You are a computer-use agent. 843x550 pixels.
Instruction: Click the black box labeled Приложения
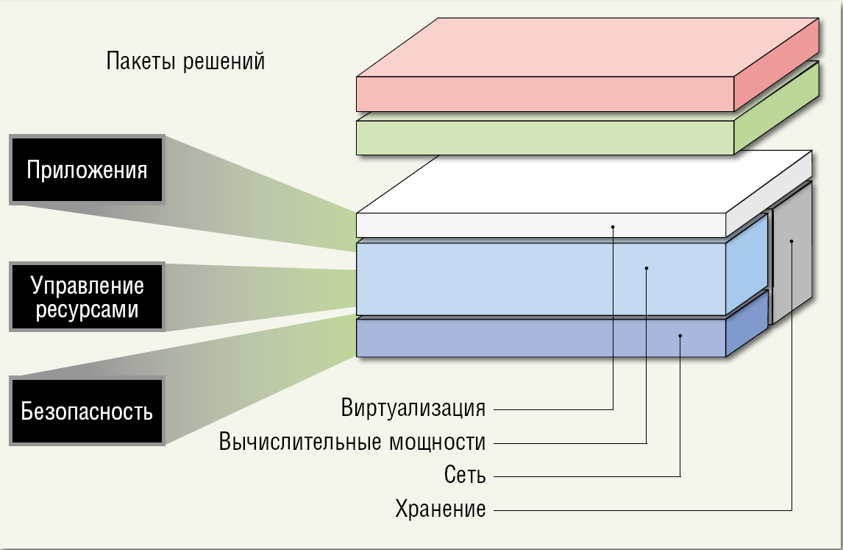(x=87, y=170)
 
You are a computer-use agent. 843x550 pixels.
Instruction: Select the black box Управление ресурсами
(x=87, y=297)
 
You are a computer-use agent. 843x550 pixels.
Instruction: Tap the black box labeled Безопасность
(x=87, y=411)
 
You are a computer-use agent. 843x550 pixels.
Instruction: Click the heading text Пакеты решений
(x=185, y=61)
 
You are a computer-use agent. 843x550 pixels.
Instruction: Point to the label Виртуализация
(x=413, y=407)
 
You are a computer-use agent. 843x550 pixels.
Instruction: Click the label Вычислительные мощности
(x=352, y=443)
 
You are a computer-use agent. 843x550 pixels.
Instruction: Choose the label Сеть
(x=465, y=475)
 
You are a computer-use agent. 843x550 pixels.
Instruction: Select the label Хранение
(x=441, y=509)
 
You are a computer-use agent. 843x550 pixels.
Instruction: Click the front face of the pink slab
(x=544, y=94)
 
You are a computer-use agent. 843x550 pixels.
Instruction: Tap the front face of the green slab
(x=544, y=138)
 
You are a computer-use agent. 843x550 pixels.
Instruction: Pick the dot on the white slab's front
(x=613, y=227)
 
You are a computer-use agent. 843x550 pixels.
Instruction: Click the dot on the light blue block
(x=647, y=268)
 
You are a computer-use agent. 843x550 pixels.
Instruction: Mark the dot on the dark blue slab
(x=680, y=336)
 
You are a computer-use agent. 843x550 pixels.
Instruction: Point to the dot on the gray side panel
(x=792, y=241)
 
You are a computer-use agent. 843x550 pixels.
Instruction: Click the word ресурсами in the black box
(x=87, y=309)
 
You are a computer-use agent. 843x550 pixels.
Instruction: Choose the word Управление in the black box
(x=87, y=284)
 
